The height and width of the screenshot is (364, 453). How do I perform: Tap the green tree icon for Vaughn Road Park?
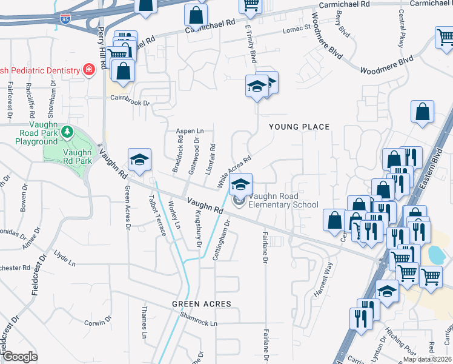68,132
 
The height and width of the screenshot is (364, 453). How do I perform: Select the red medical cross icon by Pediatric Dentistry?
90,70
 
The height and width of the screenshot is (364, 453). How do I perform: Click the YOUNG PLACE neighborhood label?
299,127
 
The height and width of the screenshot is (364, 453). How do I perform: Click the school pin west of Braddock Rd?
139,160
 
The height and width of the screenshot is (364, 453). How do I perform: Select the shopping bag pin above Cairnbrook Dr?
123,70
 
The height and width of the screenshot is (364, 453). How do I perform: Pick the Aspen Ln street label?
190,130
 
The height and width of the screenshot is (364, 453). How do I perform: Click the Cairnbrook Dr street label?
129,103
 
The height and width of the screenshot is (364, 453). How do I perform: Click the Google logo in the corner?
19,356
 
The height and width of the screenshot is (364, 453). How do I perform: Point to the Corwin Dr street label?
95,323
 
